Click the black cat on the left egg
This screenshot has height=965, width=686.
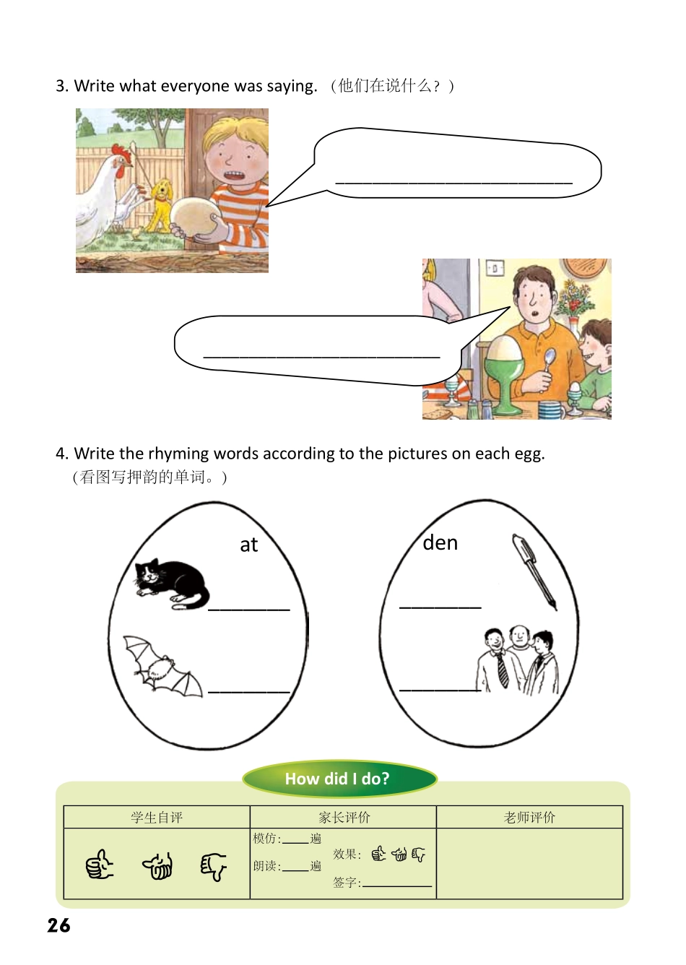point(171,583)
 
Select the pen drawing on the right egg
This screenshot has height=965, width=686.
point(534,571)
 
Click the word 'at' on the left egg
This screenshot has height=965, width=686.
point(248,545)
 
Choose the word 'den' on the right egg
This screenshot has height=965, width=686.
point(440,542)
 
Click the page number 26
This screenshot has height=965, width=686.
point(59,925)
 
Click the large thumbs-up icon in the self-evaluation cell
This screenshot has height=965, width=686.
point(100,864)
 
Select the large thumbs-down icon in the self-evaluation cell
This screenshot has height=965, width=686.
point(213,865)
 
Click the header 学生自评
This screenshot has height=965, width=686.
point(157,818)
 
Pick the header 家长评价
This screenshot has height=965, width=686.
point(344,818)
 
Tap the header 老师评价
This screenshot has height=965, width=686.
point(529,818)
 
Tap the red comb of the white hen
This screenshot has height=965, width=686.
point(122,152)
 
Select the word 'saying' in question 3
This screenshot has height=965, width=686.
point(291,87)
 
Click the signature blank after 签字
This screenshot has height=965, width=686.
point(397,883)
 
